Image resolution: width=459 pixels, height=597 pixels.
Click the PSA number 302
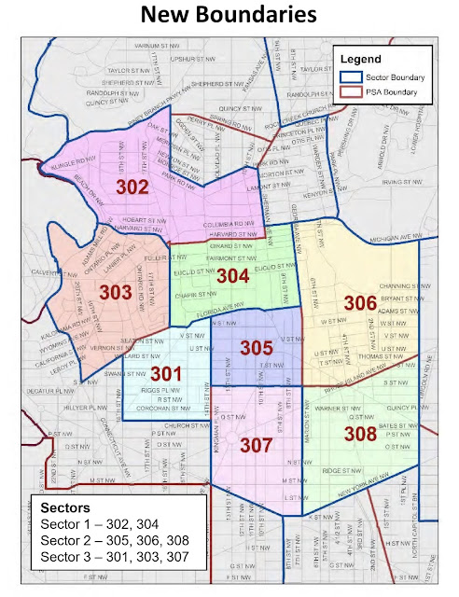[x=132, y=187]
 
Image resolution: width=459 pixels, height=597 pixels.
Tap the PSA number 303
[x=115, y=293]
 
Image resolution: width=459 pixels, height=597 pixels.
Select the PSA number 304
[x=233, y=276]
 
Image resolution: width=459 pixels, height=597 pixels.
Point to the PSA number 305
[x=256, y=348]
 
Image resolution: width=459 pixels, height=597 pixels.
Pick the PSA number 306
[x=359, y=303]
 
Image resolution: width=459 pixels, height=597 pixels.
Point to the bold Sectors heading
[x=66, y=507]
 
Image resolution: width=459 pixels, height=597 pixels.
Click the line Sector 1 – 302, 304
[x=102, y=524]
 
